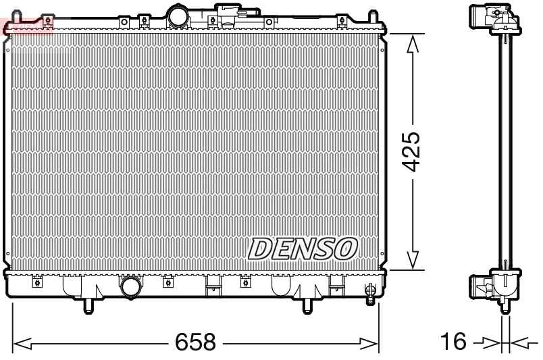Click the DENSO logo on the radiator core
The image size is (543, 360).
click(x=302, y=249)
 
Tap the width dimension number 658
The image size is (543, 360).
click(x=195, y=342)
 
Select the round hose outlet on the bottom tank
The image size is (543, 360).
click(x=130, y=287)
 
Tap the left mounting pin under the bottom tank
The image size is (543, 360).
click(x=87, y=306)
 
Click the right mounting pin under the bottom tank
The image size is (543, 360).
click(x=307, y=306)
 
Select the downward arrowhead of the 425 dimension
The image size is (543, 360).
click(x=413, y=261)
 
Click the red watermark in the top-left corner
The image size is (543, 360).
click(x=27, y=26)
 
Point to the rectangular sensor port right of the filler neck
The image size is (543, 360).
click(x=228, y=12)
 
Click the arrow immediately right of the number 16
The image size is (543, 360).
click(x=487, y=343)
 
